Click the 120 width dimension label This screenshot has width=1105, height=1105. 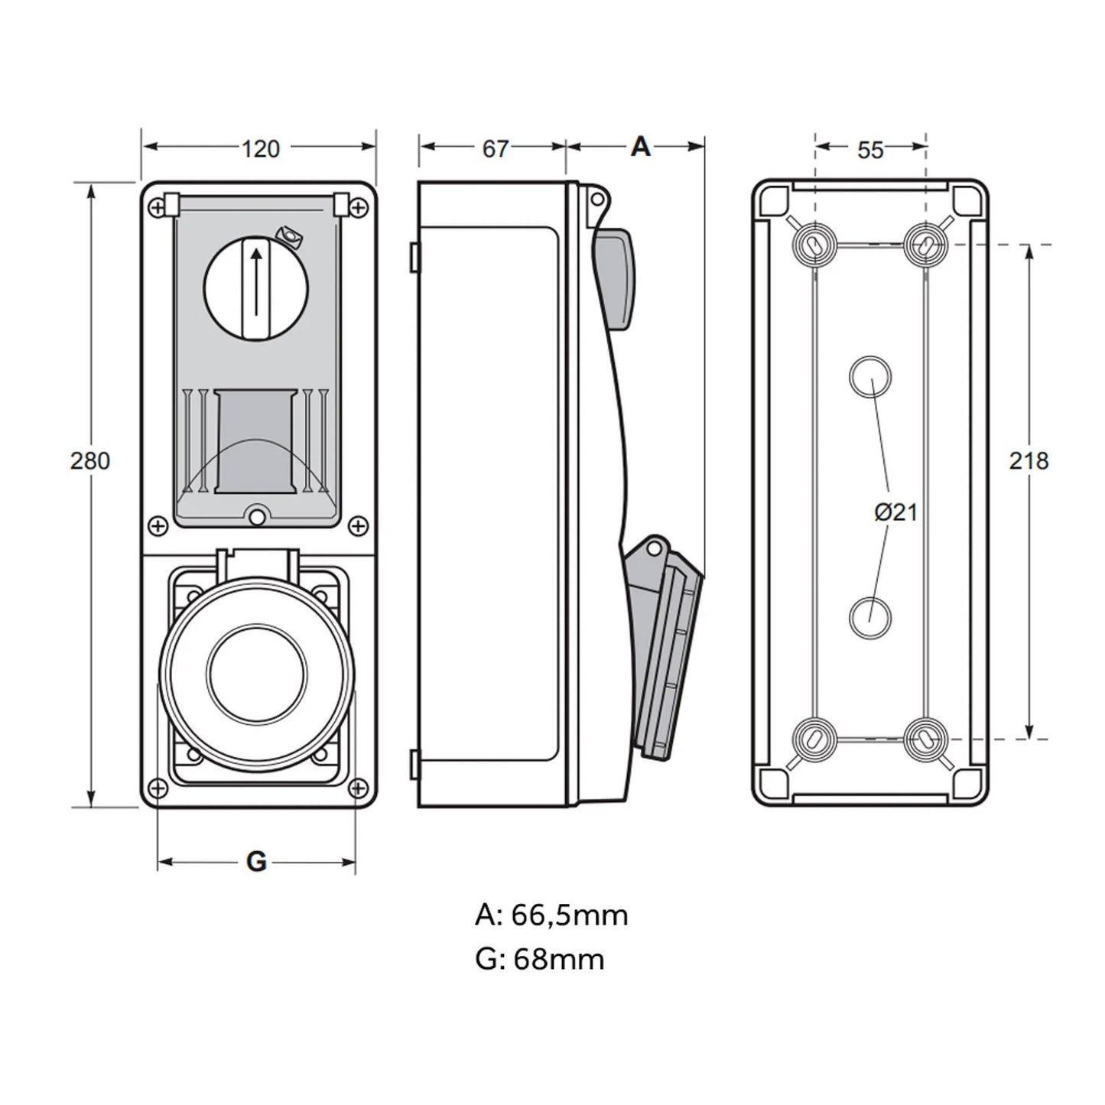click(261, 148)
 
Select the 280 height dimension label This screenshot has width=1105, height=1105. click(90, 461)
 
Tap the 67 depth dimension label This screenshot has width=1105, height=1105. click(495, 148)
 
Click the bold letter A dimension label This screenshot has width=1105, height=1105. click(640, 147)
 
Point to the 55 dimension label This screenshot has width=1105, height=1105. click(870, 150)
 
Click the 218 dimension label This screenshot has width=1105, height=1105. click(1029, 461)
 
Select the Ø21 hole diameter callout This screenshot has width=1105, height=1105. click(895, 512)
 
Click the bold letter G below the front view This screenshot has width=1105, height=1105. click(256, 862)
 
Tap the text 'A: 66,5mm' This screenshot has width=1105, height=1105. click(551, 915)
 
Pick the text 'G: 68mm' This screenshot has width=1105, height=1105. click(540, 958)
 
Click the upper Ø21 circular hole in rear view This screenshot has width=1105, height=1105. click(870, 377)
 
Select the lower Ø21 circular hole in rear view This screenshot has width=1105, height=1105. click(870, 618)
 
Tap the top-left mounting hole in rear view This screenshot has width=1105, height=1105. click(814, 245)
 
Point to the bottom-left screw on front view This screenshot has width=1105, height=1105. click(158, 788)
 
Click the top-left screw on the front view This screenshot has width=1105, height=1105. click(158, 206)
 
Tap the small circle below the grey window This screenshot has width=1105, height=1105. click(257, 518)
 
